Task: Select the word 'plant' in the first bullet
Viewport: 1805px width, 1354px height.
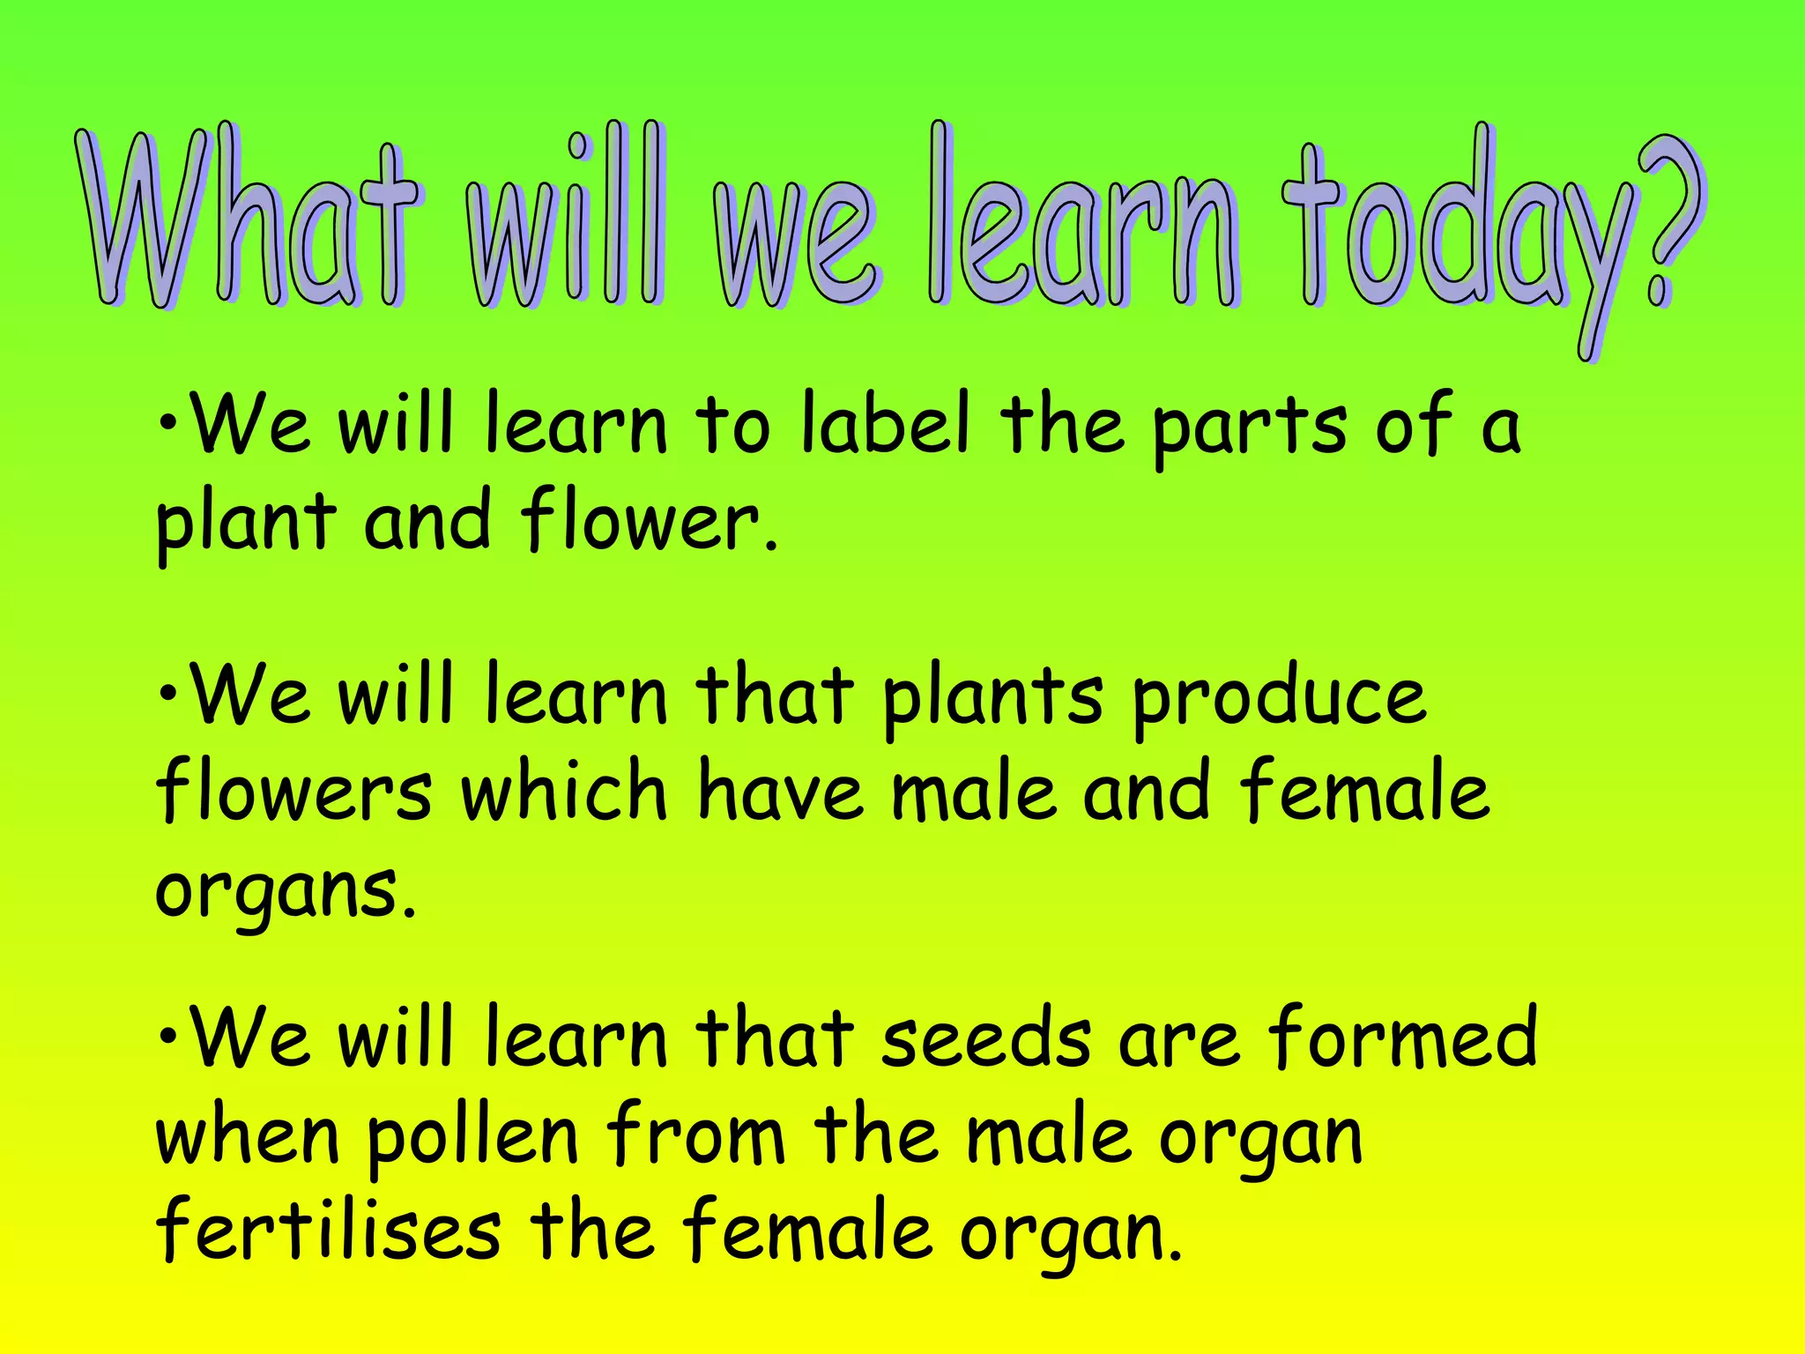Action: (247, 525)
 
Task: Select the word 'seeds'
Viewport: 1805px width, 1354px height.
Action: (986, 1040)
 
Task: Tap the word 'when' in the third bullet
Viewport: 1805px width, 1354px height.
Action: (248, 1137)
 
